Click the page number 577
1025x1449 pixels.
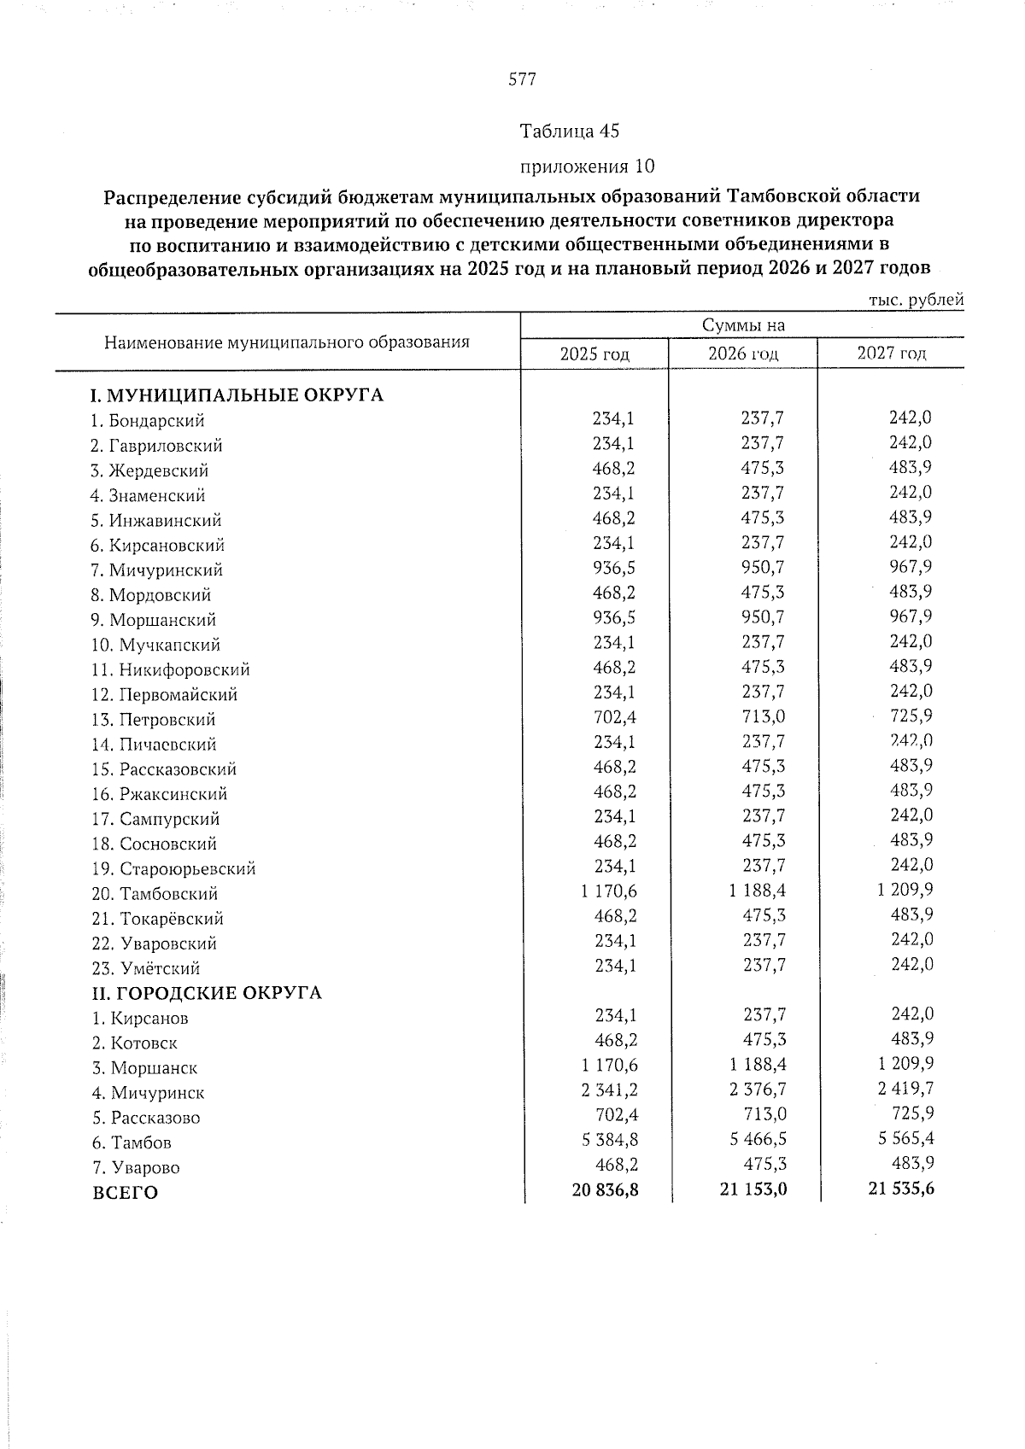[x=522, y=80]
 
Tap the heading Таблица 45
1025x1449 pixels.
[x=569, y=131]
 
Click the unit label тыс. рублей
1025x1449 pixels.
[x=916, y=301]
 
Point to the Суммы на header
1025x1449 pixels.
[x=743, y=325]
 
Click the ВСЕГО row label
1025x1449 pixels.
[x=125, y=1193]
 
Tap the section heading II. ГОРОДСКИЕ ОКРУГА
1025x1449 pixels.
[x=207, y=993]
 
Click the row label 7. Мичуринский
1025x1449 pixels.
[x=157, y=570]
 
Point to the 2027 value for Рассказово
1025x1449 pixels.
[x=911, y=1113]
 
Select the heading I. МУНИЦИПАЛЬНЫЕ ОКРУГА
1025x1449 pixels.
[x=237, y=395]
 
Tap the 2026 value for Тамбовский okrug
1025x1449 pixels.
[x=758, y=891]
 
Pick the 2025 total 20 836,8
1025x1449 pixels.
[x=605, y=1188]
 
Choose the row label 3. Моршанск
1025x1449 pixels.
[x=144, y=1068]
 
